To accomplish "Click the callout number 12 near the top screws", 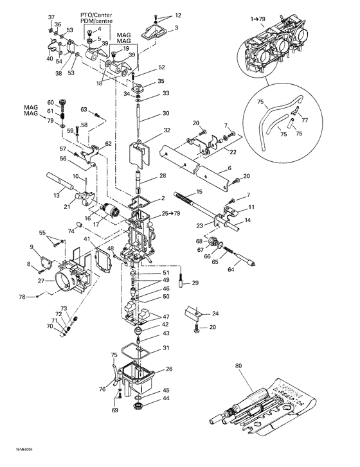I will coord(178,15).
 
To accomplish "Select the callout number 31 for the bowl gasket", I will coord(166,348).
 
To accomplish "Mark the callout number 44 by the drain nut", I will coord(166,399).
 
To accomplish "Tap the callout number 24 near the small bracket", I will coord(215,313).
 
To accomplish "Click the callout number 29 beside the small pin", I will coord(195,283).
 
